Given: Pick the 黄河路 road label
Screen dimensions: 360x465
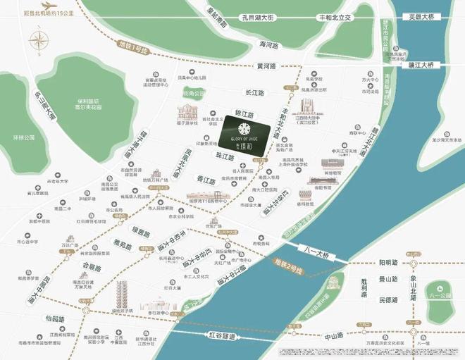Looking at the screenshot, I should pyautogui.click(x=267, y=66).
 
